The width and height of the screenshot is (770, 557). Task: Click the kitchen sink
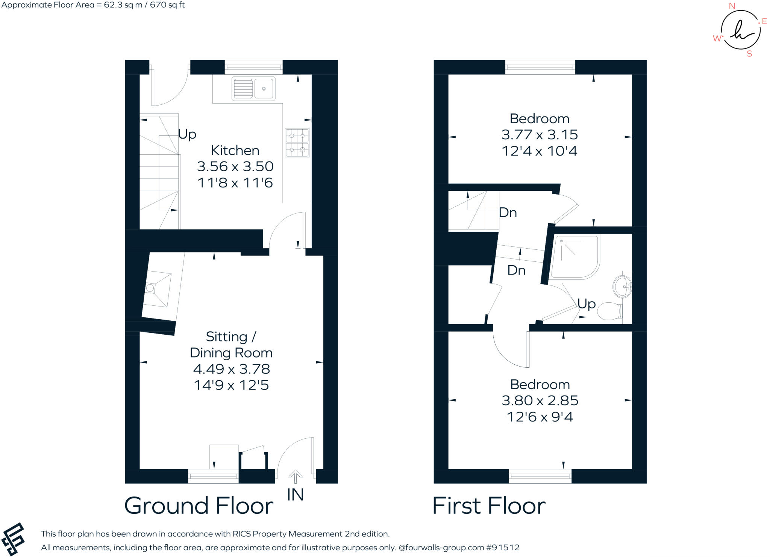click(x=253, y=89)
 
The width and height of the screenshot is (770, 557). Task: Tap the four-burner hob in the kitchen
click(x=297, y=142)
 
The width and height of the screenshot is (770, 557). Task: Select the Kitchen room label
click(x=235, y=150)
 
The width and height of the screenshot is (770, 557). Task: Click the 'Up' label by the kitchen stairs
click(x=187, y=134)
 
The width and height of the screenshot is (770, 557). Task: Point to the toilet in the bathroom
click(x=609, y=311)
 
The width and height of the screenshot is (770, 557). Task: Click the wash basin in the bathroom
click(x=623, y=287)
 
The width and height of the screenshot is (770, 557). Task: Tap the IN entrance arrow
click(x=295, y=477)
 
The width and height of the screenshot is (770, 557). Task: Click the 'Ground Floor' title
click(x=199, y=506)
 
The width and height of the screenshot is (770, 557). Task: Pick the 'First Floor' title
click(x=488, y=506)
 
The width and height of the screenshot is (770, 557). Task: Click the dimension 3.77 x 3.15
click(x=540, y=135)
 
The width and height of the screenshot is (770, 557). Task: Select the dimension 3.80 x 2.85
click(x=540, y=400)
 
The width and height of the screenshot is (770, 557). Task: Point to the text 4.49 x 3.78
click(x=231, y=369)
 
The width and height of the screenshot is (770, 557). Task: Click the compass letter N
click(x=732, y=6)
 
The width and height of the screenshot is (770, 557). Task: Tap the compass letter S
click(x=749, y=54)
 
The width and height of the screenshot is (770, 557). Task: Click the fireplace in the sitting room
click(x=156, y=288)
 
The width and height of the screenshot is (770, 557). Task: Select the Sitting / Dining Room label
click(x=231, y=344)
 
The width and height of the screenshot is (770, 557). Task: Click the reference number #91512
click(x=503, y=548)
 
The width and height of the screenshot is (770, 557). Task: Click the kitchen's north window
click(x=253, y=67)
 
